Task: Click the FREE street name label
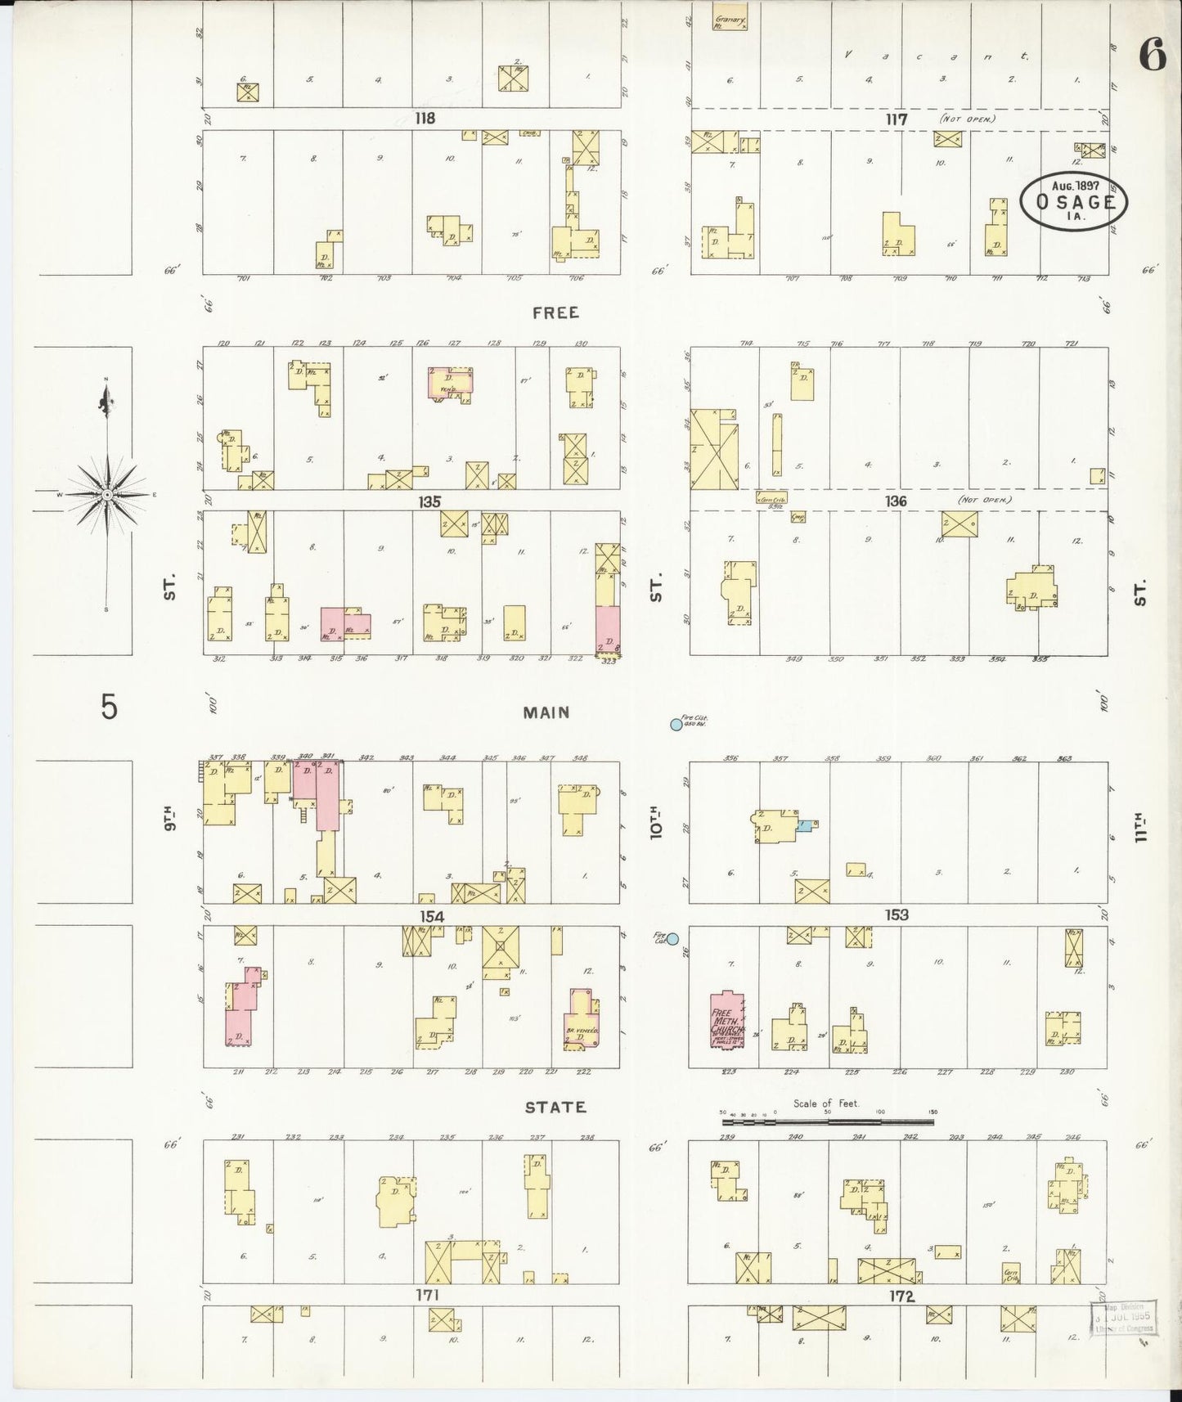point(555,312)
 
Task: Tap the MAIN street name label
point(546,712)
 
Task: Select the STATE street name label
point(555,1107)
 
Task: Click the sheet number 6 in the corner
point(1152,56)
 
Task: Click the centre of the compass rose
point(107,495)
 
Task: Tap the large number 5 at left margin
point(109,707)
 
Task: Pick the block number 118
point(424,119)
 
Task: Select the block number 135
point(429,501)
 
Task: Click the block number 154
point(431,916)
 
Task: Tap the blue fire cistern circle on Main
point(676,724)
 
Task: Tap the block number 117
point(897,119)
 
